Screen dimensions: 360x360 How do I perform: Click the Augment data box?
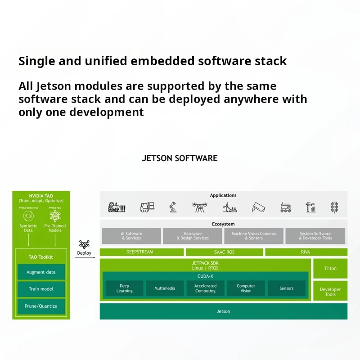pyautogui.click(x=41, y=272)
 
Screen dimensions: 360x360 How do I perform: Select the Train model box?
pyautogui.click(x=41, y=289)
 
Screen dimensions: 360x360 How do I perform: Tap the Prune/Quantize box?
pyautogui.click(x=41, y=306)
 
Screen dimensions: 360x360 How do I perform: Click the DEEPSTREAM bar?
pyautogui.click(x=139, y=252)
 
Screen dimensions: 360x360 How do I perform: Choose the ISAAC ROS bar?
pyautogui.click(x=224, y=252)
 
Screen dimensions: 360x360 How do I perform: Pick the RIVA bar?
pyautogui.click(x=306, y=252)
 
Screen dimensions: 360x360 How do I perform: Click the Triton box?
pyautogui.click(x=330, y=268)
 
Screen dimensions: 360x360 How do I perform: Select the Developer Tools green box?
pyautogui.click(x=330, y=292)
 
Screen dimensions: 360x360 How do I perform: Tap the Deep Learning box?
pyautogui.click(x=125, y=288)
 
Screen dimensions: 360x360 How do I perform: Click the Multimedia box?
pyautogui.click(x=165, y=288)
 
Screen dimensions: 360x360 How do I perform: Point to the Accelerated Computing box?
pyautogui.click(x=205, y=288)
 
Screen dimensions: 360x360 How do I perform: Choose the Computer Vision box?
pyautogui.click(x=246, y=288)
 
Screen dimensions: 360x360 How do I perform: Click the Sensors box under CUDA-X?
pyautogui.click(x=286, y=288)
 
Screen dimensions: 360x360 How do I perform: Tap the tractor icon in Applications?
pyautogui.click(x=116, y=207)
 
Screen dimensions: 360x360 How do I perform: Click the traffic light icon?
pyautogui.click(x=334, y=207)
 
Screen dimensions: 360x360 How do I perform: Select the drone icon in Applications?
pyautogui.click(x=199, y=207)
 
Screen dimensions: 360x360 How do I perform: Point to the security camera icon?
pyautogui.click(x=258, y=207)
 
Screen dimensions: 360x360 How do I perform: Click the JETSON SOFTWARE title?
pyautogui.click(x=180, y=158)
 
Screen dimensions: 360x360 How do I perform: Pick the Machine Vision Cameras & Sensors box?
pyautogui.click(x=254, y=236)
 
